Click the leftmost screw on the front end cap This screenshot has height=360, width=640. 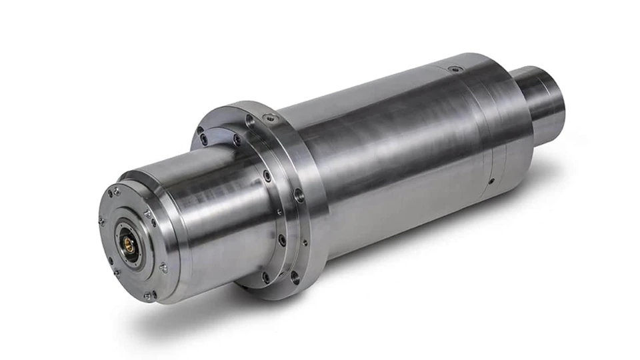point(101,221)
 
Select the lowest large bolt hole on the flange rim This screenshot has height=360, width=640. point(294,276)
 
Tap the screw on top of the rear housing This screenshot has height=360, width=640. point(455,69)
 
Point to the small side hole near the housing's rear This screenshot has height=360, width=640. point(491,181)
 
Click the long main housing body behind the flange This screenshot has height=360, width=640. point(407,147)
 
